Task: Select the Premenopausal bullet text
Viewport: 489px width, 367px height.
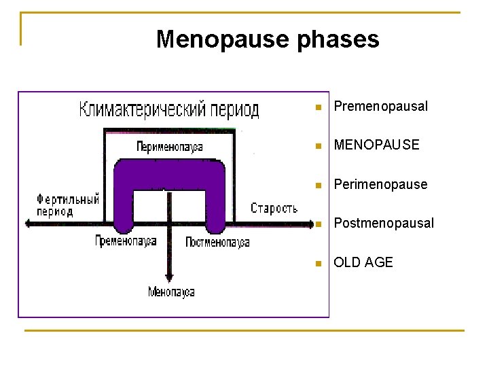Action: click(380, 107)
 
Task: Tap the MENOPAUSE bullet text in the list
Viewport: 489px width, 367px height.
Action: click(376, 145)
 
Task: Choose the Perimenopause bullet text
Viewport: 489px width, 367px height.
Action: click(380, 184)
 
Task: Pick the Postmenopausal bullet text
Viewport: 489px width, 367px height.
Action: click(383, 224)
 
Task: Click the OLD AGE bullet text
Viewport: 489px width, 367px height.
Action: click(363, 262)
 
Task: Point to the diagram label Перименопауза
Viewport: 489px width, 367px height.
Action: click(169, 146)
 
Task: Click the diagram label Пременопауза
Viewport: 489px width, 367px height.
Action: click(126, 241)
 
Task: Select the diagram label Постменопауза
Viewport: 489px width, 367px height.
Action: click(217, 242)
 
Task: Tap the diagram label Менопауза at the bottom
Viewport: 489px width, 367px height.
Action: click(171, 292)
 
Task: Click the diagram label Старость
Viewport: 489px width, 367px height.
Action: click(274, 209)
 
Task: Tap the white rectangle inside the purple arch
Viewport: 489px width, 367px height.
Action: click(169, 206)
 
